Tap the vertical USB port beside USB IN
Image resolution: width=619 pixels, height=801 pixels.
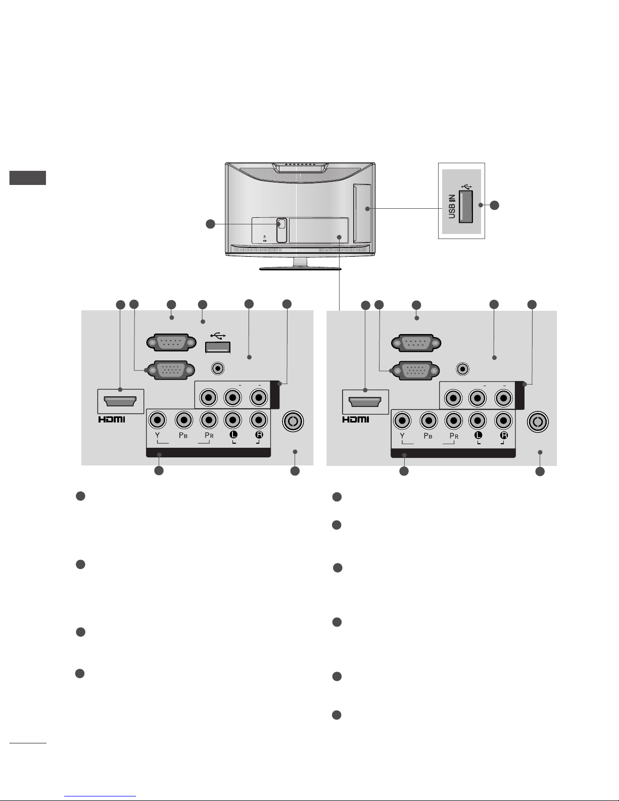tap(465, 207)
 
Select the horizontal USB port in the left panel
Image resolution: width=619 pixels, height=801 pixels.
tap(218, 347)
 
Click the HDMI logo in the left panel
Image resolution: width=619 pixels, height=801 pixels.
tap(112, 419)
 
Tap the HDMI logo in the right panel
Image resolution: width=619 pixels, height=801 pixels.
tap(357, 419)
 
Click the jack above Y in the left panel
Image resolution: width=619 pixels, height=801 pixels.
tap(158, 420)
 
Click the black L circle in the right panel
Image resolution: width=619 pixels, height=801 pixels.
tap(478, 435)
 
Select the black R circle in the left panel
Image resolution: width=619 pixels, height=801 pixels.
tap(259, 435)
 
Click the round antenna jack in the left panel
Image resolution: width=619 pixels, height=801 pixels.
tap(293, 421)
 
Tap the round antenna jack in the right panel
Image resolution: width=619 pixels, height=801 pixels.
tap(538, 421)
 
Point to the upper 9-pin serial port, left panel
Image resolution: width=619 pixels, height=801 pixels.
tap(171, 342)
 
